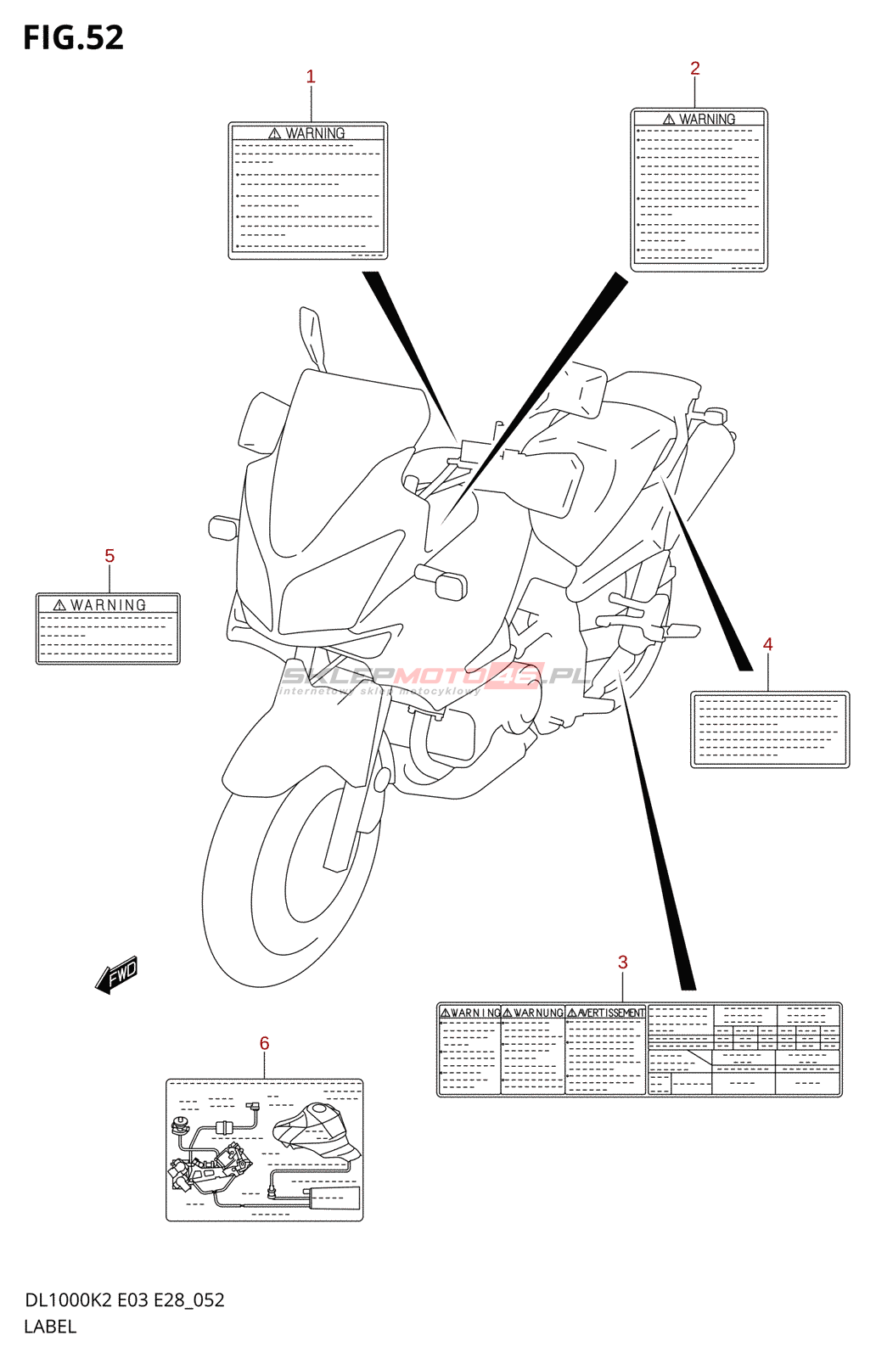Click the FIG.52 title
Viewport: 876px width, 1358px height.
73,37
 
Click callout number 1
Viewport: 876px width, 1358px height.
311,76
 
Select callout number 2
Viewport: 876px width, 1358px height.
695,68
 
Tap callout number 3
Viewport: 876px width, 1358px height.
623,962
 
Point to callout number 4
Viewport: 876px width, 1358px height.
768,644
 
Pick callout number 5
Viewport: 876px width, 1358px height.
109,556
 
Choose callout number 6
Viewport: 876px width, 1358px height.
265,1043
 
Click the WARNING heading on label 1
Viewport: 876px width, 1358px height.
315,133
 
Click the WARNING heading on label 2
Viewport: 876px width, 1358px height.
707,120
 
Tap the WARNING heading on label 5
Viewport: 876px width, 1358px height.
108,605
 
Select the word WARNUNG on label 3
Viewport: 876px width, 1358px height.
538,1013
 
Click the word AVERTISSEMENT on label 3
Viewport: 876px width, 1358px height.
611,1013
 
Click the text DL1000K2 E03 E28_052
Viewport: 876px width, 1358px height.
125,1300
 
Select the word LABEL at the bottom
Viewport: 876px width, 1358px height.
50,1327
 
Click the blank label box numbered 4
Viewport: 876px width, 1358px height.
770,730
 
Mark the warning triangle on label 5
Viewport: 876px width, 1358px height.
59,605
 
